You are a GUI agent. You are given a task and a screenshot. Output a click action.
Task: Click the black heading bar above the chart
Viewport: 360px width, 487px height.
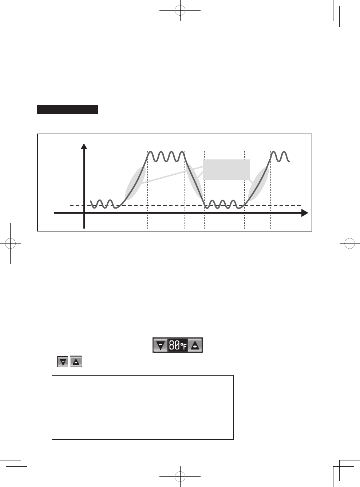click(x=68, y=110)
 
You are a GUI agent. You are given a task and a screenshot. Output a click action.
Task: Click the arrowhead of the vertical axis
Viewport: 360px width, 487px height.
click(x=84, y=146)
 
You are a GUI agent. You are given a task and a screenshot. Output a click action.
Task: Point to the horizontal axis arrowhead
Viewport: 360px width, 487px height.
click(x=305, y=213)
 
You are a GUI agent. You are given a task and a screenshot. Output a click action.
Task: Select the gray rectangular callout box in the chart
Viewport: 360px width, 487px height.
click(x=226, y=170)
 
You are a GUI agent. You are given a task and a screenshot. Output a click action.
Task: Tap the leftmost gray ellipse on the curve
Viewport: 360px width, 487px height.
click(x=135, y=183)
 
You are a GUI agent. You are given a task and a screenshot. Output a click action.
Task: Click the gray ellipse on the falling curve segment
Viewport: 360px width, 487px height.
click(x=194, y=181)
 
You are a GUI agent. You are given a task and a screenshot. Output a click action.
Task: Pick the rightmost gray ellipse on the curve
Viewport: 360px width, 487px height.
click(x=258, y=184)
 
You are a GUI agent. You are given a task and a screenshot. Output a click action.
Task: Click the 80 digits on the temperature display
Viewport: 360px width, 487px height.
click(x=174, y=345)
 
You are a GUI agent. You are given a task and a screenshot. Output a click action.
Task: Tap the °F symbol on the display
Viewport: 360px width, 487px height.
click(x=183, y=346)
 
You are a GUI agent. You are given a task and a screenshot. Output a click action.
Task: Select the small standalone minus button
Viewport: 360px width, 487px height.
click(x=63, y=361)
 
